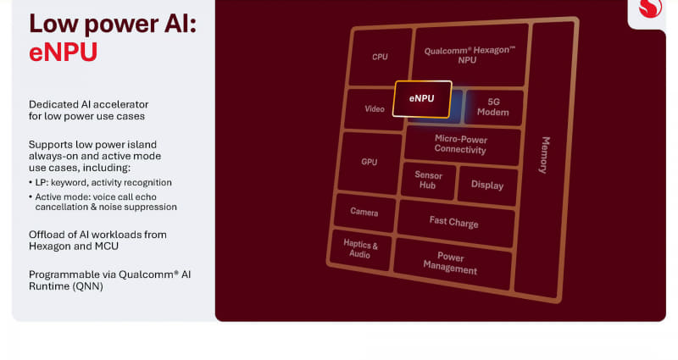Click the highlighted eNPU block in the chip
click(x=422, y=99)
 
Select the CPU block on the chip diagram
click(x=380, y=57)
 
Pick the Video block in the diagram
click(x=374, y=109)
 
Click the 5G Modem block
click(x=492, y=107)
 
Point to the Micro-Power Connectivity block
click(x=460, y=144)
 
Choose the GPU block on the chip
click(x=369, y=162)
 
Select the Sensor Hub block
click(x=428, y=180)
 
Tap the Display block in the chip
click(x=486, y=185)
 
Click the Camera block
click(x=364, y=213)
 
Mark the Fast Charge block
click(x=453, y=222)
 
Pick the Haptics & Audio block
click(x=360, y=250)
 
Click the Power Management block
click(x=450, y=263)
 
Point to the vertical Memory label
click(x=545, y=155)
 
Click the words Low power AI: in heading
click(x=112, y=23)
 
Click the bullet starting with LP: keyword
click(x=100, y=182)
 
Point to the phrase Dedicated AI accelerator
click(x=86, y=103)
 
